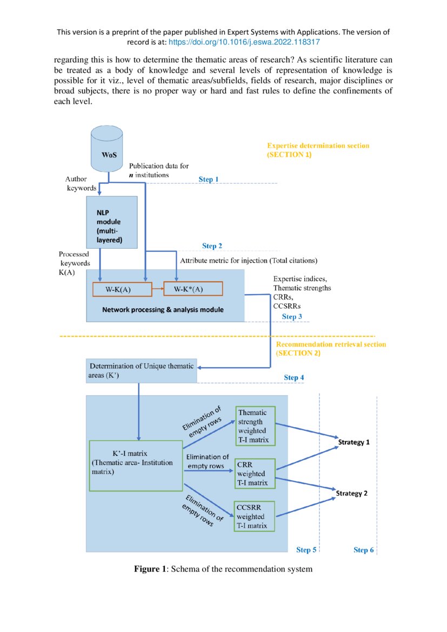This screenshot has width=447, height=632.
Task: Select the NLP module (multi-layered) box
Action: coord(112,222)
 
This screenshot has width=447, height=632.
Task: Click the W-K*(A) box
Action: coord(192,289)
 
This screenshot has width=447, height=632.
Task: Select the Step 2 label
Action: coord(212,246)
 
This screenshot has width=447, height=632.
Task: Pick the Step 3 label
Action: coord(292,317)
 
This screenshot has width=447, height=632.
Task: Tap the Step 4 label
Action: coord(294,377)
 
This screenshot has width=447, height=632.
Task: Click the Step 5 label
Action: coord(306,550)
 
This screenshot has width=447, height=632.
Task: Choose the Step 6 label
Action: coord(364,550)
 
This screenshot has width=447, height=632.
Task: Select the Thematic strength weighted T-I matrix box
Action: coord(256,426)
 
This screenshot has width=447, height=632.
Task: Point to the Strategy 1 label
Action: coord(353,442)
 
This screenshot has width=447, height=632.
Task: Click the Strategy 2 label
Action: coord(352,493)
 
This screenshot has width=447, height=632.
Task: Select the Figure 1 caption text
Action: coord(223,569)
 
